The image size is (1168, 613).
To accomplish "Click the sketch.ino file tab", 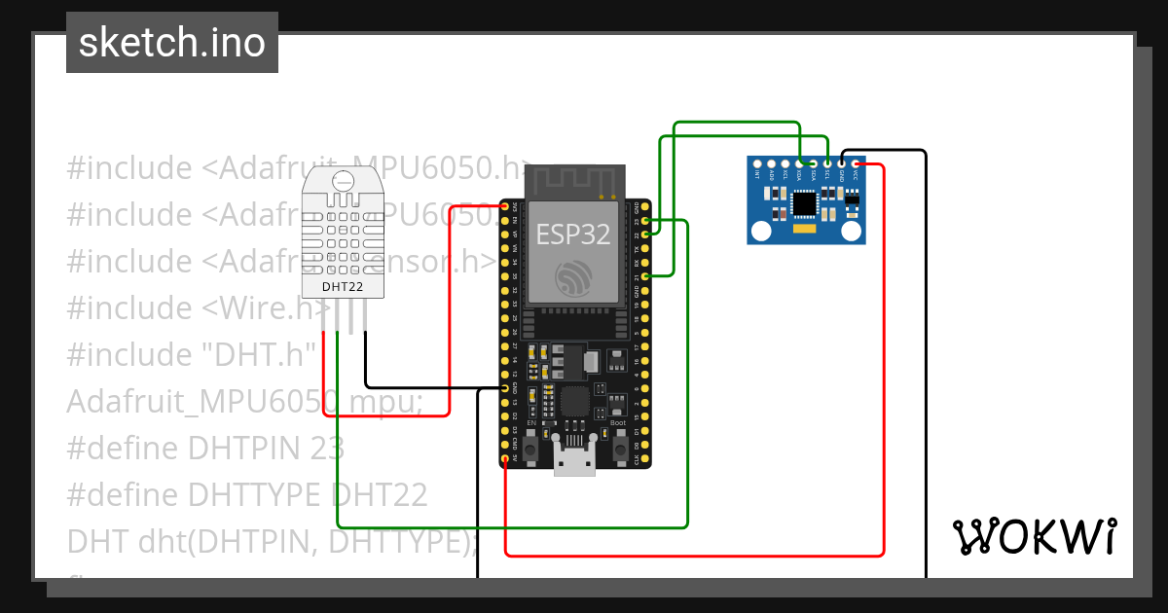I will tap(172, 43).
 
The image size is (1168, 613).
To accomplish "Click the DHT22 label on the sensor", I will tap(342, 287).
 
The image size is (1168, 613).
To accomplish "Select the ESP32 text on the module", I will tap(572, 234).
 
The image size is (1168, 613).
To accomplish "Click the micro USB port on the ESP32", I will tap(574, 457).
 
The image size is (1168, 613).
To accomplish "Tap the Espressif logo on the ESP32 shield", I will tap(573, 278).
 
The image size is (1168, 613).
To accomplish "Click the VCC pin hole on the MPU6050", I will tap(856, 164).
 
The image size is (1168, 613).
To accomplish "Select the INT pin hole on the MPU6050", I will tap(757, 164).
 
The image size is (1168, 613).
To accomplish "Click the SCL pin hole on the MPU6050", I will tap(827, 164).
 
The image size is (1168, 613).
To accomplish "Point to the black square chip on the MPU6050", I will tap(805, 203).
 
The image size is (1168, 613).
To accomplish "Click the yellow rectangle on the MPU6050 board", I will tap(805, 230).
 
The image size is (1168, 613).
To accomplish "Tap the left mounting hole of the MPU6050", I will tap(759, 232).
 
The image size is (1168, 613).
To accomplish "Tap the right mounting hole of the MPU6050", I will tap(852, 232).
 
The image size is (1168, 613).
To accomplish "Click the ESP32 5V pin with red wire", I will tap(504, 457).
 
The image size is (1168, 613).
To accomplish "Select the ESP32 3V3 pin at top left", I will tap(504, 207).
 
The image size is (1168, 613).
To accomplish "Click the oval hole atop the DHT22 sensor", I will tap(343, 181).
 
